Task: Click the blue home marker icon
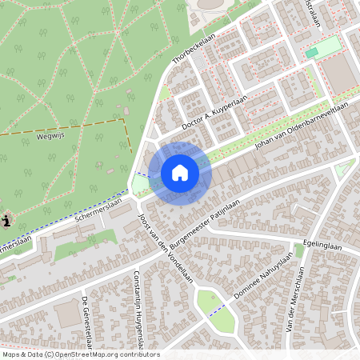(180, 173)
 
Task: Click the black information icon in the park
(6, 221)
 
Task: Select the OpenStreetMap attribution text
(80, 354)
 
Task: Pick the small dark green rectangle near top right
(311, 53)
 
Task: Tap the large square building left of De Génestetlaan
(67, 314)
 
